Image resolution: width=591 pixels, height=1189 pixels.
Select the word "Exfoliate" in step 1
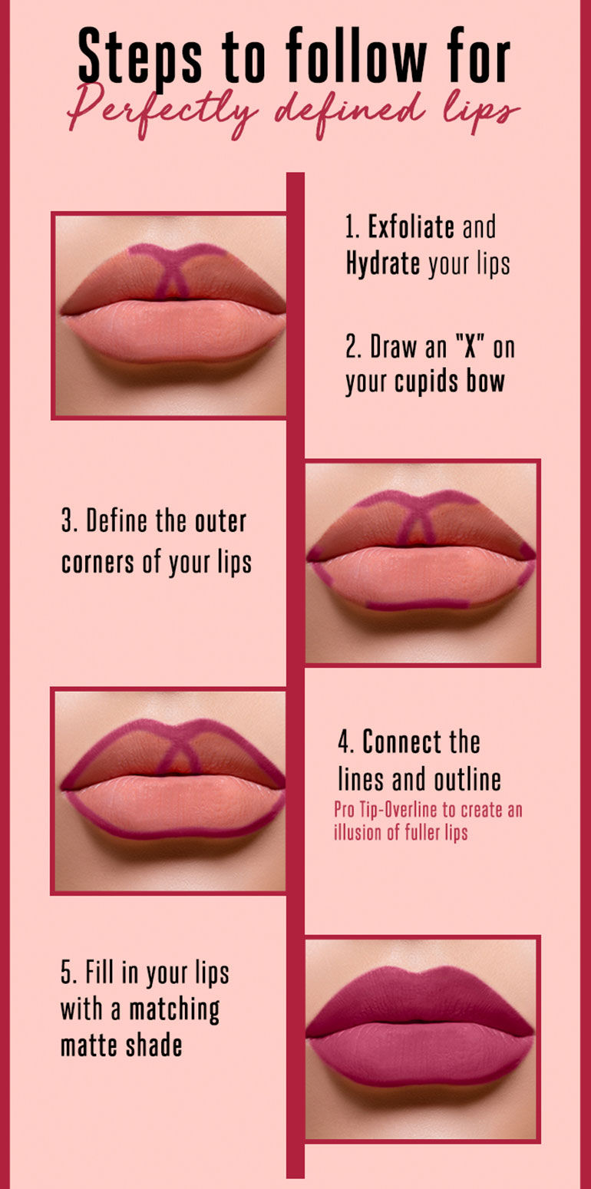pyautogui.click(x=411, y=227)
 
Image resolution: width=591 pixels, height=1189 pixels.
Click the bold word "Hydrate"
pyautogui.click(x=382, y=264)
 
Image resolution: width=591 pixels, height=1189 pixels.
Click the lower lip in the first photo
pyautogui.click(x=173, y=330)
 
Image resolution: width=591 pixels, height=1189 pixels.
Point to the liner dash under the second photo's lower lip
pyautogui.click(x=418, y=605)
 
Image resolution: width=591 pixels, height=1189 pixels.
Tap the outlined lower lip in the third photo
pyautogui.click(x=173, y=806)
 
